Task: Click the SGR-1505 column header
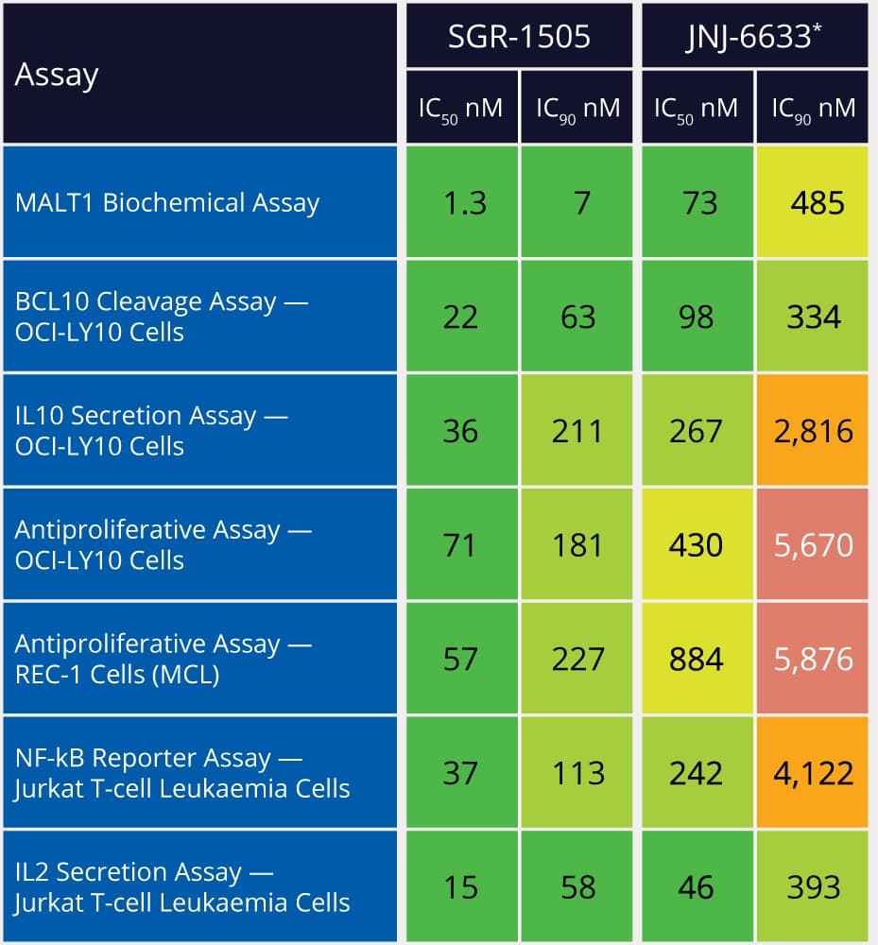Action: tap(519, 36)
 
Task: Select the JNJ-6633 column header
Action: tap(754, 36)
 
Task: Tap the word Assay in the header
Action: tap(57, 75)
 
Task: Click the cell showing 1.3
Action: tap(461, 202)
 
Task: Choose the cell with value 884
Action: tap(697, 659)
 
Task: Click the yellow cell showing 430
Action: tap(697, 544)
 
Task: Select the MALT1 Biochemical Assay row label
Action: tap(167, 202)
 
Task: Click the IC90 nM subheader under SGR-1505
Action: tap(577, 108)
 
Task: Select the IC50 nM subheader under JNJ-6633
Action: tap(697, 108)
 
